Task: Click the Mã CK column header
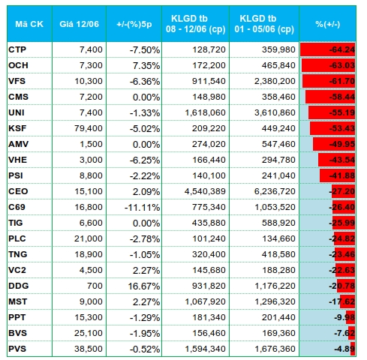(29, 24)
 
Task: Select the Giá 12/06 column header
(79, 24)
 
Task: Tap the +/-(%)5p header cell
(134, 24)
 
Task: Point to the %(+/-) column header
(327, 24)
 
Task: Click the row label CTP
(17, 49)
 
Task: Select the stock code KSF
(17, 128)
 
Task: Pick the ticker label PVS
(17, 349)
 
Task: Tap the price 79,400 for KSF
(89, 128)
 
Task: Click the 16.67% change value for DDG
(144, 286)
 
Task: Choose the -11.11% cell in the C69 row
(142, 207)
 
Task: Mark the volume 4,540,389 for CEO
(205, 191)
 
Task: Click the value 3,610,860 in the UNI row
(275, 112)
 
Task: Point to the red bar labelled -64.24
(328, 49)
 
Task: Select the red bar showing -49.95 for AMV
(334, 144)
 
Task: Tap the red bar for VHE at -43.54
(337, 160)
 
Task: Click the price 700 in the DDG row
(95, 286)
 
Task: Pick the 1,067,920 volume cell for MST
(205, 301)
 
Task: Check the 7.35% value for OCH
(146, 65)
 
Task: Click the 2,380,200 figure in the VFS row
(275, 81)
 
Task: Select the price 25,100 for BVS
(89, 333)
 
